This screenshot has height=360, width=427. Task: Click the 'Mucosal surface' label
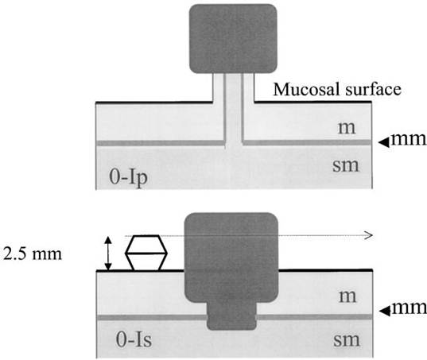coord(337,89)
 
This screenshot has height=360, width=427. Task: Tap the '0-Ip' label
coord(128,177)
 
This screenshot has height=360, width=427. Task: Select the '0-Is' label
coord(134,340)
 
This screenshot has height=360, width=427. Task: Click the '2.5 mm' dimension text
coord(33,254)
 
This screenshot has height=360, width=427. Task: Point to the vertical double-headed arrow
coord(108,254)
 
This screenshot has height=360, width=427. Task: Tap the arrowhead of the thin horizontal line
coord(369,235)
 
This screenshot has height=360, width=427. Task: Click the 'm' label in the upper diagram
coord(347,128)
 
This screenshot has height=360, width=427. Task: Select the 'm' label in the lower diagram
coord(347,296)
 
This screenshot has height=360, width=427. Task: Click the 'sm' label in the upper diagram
coord(346,165)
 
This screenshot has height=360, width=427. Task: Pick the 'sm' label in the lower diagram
coord(347,340)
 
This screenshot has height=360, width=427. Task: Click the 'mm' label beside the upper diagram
coord(408,139)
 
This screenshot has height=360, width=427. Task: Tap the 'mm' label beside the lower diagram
coord(408,308)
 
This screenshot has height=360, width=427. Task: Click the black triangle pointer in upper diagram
coord(385,142)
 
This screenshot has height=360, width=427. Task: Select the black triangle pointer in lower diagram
coord(385,312)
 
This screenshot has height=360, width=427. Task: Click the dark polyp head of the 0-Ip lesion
coord(233,39)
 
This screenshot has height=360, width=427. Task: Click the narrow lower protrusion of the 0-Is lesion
coord(231,315)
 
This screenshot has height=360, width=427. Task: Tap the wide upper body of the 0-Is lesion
coord(231,257)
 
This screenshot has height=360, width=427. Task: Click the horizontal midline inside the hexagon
coord(146,254)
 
